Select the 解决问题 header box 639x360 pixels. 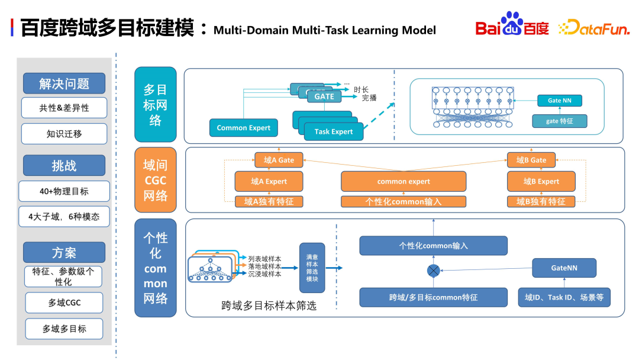[64, 83]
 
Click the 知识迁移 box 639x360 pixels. [64, 134]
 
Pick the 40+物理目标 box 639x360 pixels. [64, 191]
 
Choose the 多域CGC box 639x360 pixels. [64, 303]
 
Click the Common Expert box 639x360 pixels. [243, 128]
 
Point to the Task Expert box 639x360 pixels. [334, 131]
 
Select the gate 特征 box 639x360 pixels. [559, 121]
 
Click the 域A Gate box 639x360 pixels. [279, 160]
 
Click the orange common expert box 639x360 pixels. [404, 181]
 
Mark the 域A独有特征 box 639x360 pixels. [269, 201]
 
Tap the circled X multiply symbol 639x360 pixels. [434, 271]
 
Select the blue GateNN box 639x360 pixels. [564, 268]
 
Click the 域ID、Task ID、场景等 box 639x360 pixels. [564, 297]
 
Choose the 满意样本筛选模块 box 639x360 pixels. [312, 267]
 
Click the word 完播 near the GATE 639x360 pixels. [369, 98]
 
